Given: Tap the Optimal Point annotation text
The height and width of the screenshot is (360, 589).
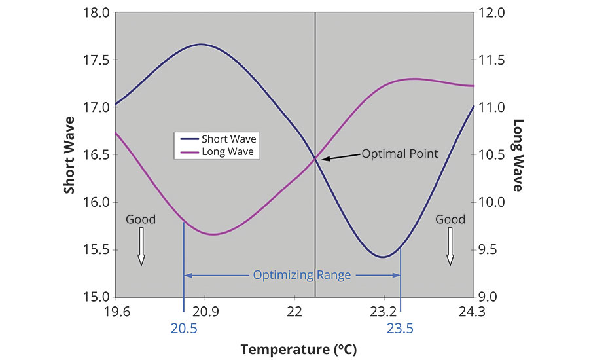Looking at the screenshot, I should (x=399, y=154).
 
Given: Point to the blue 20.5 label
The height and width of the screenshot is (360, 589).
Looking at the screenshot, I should (x=184, y=329).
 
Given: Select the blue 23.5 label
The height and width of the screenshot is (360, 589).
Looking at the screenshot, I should (x=400, y=329).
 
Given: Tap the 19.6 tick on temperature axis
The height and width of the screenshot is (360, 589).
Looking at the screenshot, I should (x=116, y=312).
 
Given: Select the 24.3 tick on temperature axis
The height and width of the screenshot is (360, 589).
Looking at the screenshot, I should (x=473, y=312).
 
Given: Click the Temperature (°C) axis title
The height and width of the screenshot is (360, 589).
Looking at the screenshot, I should (x=298, y=349).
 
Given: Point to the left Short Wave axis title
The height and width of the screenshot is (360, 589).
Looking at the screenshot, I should (x=69, y=154).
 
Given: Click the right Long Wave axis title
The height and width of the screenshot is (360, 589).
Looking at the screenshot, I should (x=518, y=154).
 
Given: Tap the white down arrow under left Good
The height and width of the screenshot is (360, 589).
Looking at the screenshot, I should (x=141, y=250).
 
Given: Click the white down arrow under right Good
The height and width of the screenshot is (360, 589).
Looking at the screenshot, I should (x=450, y=250).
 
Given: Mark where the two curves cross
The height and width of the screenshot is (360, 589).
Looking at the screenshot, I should (x=315, y=158).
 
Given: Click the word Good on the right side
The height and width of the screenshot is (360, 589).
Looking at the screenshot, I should (x=450, y=219).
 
